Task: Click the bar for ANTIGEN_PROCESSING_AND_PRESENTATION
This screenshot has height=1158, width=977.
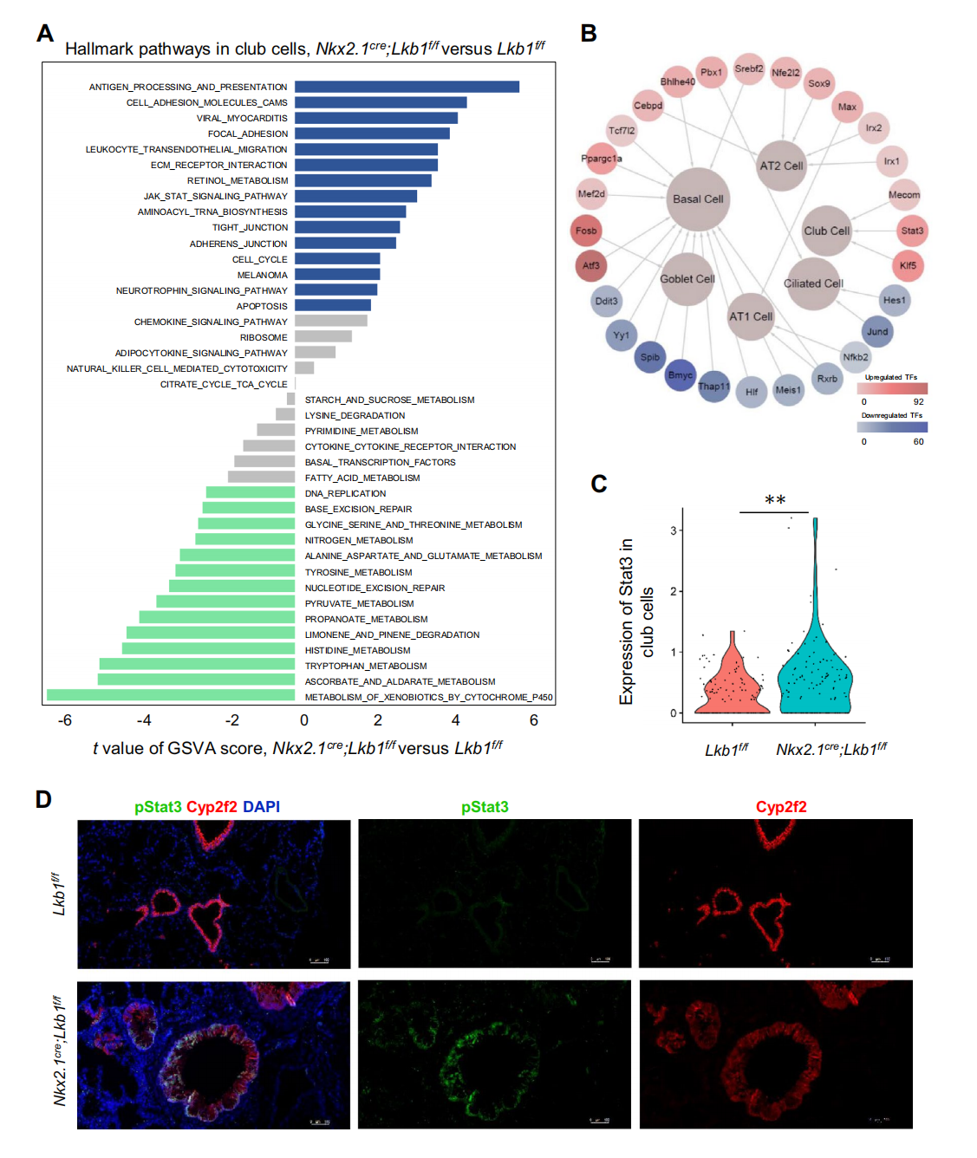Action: click(407, 87)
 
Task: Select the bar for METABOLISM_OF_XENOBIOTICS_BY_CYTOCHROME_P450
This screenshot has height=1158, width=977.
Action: click(171, 695)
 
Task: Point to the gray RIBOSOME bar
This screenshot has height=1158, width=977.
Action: click(323, 336)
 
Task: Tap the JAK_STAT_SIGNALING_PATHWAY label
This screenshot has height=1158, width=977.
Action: click(215, 197)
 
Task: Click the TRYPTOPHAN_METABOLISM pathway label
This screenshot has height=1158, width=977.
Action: click(366, 666)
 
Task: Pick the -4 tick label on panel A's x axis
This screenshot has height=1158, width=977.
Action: click(144, 720)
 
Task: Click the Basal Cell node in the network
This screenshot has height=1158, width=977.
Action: click(698, 199)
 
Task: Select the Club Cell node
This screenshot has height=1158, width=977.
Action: click(826, 231)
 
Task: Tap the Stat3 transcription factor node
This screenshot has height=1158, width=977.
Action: click(911, 231)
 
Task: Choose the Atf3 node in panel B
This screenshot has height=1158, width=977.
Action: click(590, 266)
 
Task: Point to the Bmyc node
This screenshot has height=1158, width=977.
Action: click(680, 374)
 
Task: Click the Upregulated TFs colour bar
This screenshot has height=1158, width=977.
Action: click(892, 389)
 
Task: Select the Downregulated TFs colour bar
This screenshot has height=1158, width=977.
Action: click(892, 427)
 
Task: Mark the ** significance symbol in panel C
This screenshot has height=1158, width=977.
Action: click(775, 500)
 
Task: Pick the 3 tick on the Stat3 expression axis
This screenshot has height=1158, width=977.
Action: click(673, 530)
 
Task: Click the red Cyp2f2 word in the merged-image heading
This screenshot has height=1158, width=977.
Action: click(212, 807)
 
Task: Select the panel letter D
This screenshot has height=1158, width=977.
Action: click(43, 799)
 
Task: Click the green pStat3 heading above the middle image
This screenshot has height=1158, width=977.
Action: click(485, 807)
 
